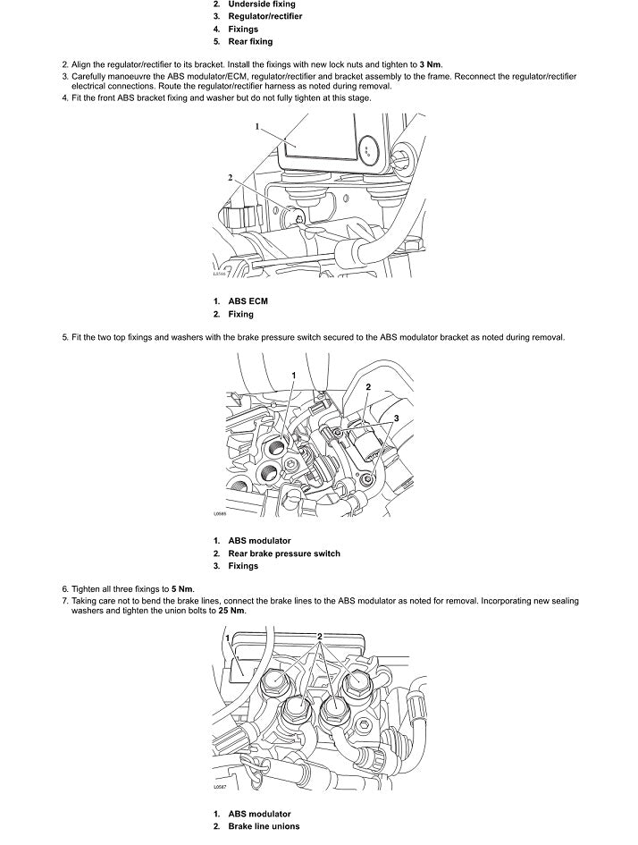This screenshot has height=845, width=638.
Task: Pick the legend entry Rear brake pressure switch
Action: (x=283, y=553)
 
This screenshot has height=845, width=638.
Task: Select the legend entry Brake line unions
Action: (x=264, y=827)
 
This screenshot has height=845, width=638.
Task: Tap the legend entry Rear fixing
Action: (x=250, y=42)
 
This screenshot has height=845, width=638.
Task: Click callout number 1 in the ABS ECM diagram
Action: (x=256, y=127)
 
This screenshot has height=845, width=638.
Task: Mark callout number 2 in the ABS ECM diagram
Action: (x=230, y=178)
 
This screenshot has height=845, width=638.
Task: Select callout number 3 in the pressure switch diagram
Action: (x=396, y=418)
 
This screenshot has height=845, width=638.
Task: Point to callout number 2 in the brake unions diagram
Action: (x=320, y=636)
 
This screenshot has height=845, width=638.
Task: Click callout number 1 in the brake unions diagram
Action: (x=229, y=638)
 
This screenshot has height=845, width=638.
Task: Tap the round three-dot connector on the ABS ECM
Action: (x=367, y=150)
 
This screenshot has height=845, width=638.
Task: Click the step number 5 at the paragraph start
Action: (x=64, y=338)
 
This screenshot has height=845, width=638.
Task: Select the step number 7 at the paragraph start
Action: (x=64, y=601)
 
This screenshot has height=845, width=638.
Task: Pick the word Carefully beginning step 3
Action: (x=90, y=77)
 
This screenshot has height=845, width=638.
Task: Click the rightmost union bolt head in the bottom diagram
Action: (x=357, y=682)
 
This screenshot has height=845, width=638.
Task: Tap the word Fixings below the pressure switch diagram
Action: (x=243, y=566)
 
